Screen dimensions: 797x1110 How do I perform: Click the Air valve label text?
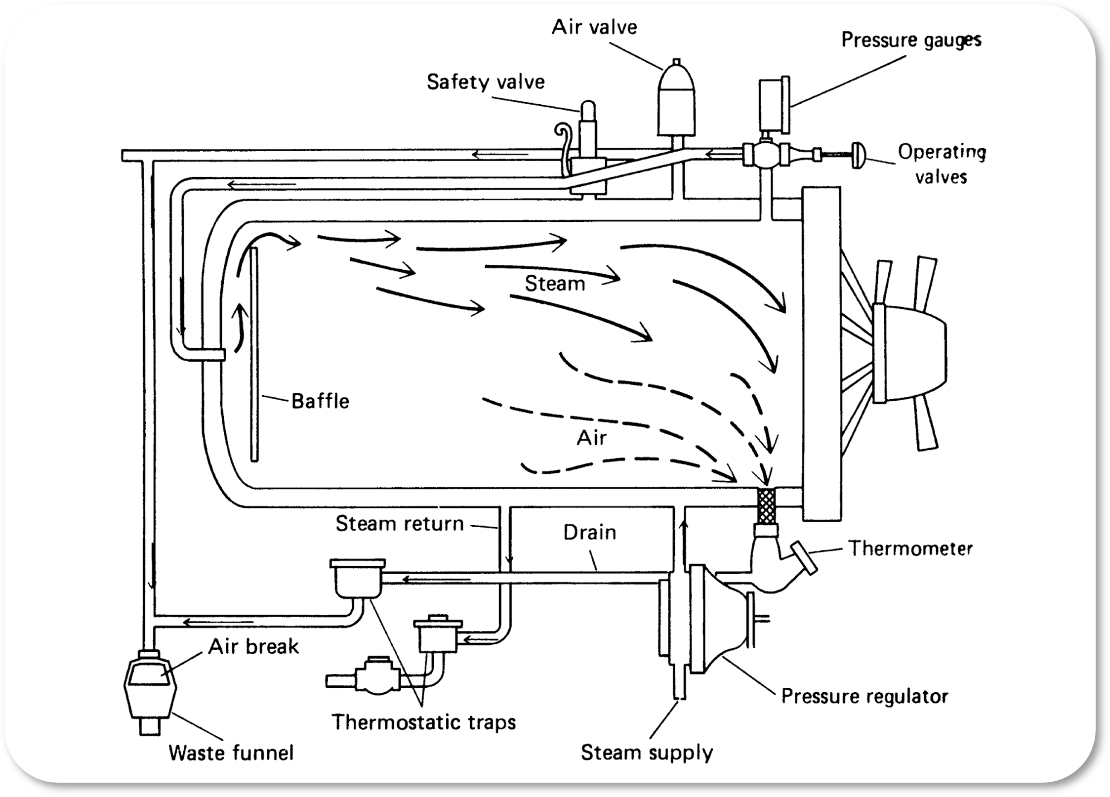click(x=594, y=27)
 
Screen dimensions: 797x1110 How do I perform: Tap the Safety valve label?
click(x=486, y=82)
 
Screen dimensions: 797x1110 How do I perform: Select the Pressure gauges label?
click(x=911, y=40)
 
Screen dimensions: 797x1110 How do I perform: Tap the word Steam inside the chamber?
click(x=555, y=284)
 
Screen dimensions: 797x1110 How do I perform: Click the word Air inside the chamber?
click(x=592, y=438)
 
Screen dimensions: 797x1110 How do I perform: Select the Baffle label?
click(x=320, y=401)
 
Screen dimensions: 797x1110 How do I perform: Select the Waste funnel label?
click(x=231, y=753)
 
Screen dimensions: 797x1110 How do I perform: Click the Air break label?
click(x=253, y=646)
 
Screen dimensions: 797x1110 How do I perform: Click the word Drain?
click(x=590, y=533)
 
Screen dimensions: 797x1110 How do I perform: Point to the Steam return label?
click(x=400, y=523)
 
